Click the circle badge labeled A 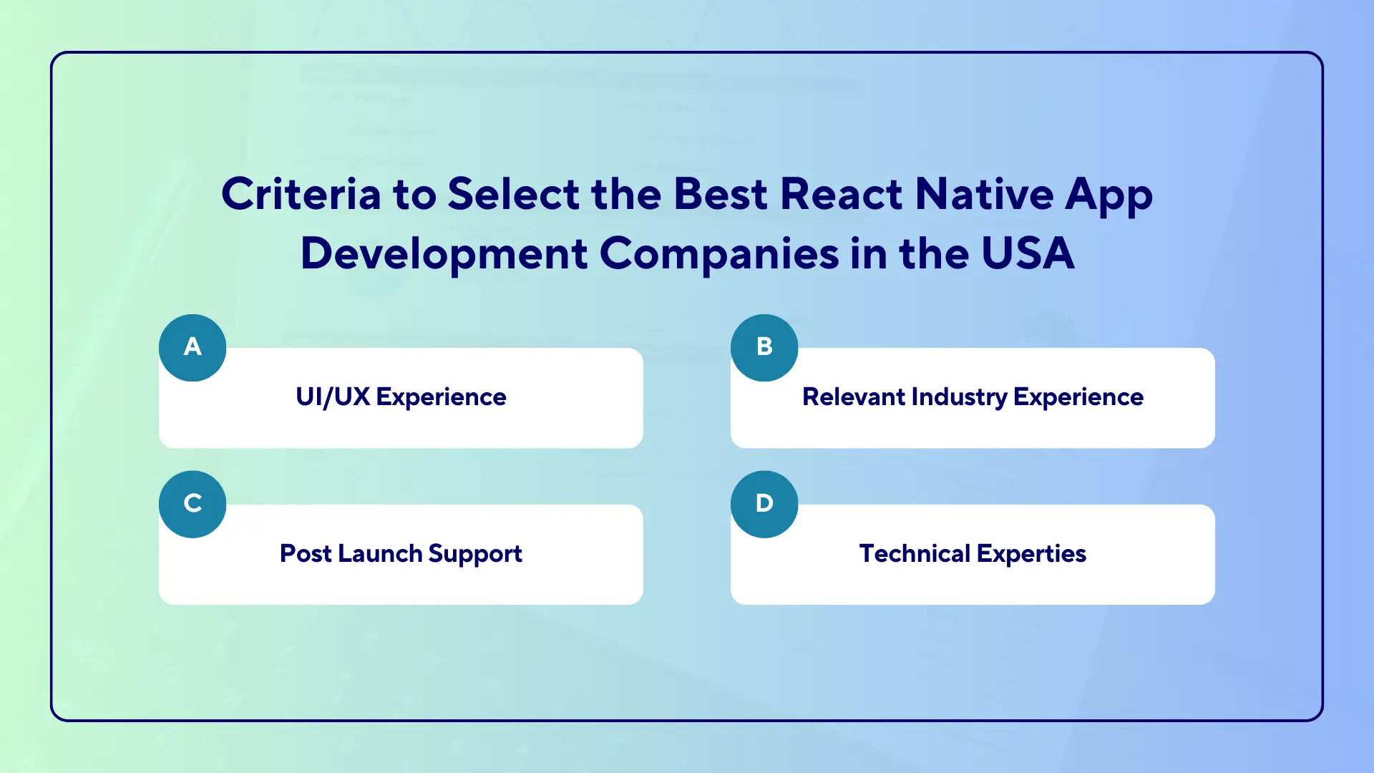point(193,348)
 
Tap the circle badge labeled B point(764,348)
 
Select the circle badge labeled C point(193,504)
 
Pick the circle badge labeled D point(764,504)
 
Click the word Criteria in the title point(301,194)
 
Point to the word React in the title point(841,194)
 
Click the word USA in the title point(1028,253)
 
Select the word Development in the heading point(444,253)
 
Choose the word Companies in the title point(718,253)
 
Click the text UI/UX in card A point(333,397)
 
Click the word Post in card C point(306,554)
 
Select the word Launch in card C point(380,554)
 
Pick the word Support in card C point(475,554)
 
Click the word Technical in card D point(915,554)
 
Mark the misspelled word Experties point(1031,554)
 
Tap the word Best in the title point(721,194)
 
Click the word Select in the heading point(513,194)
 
